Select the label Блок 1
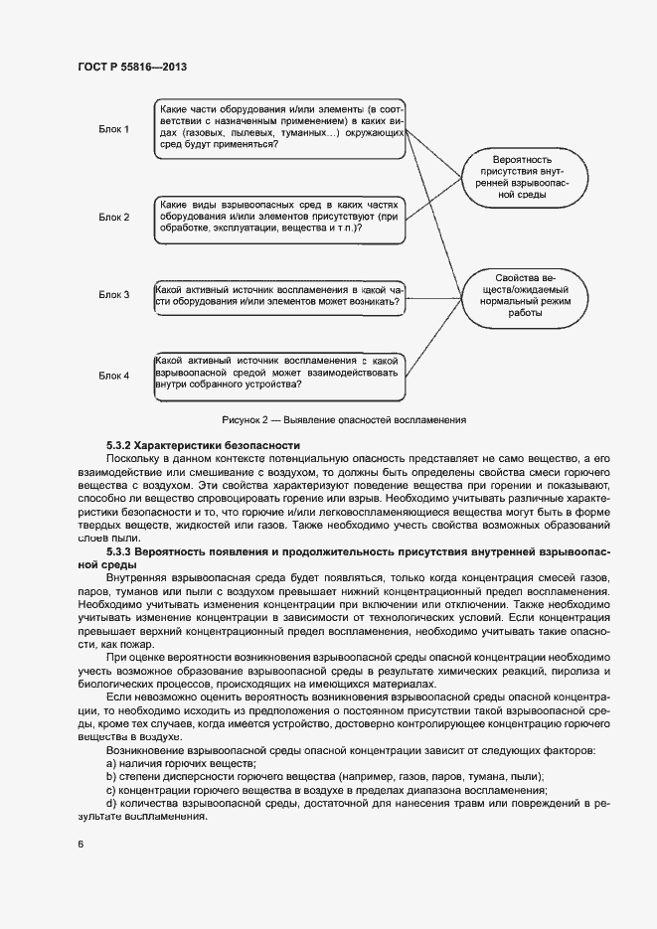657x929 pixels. coord(113,129)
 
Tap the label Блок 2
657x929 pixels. coord(113,217)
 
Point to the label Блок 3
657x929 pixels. coord(113,294)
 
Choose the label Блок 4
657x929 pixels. coord(113,375)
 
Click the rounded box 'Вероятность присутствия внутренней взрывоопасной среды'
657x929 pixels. coord(522,178)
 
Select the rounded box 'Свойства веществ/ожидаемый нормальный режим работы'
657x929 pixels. coord(522,295)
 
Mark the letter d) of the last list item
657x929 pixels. coord(111,803)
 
